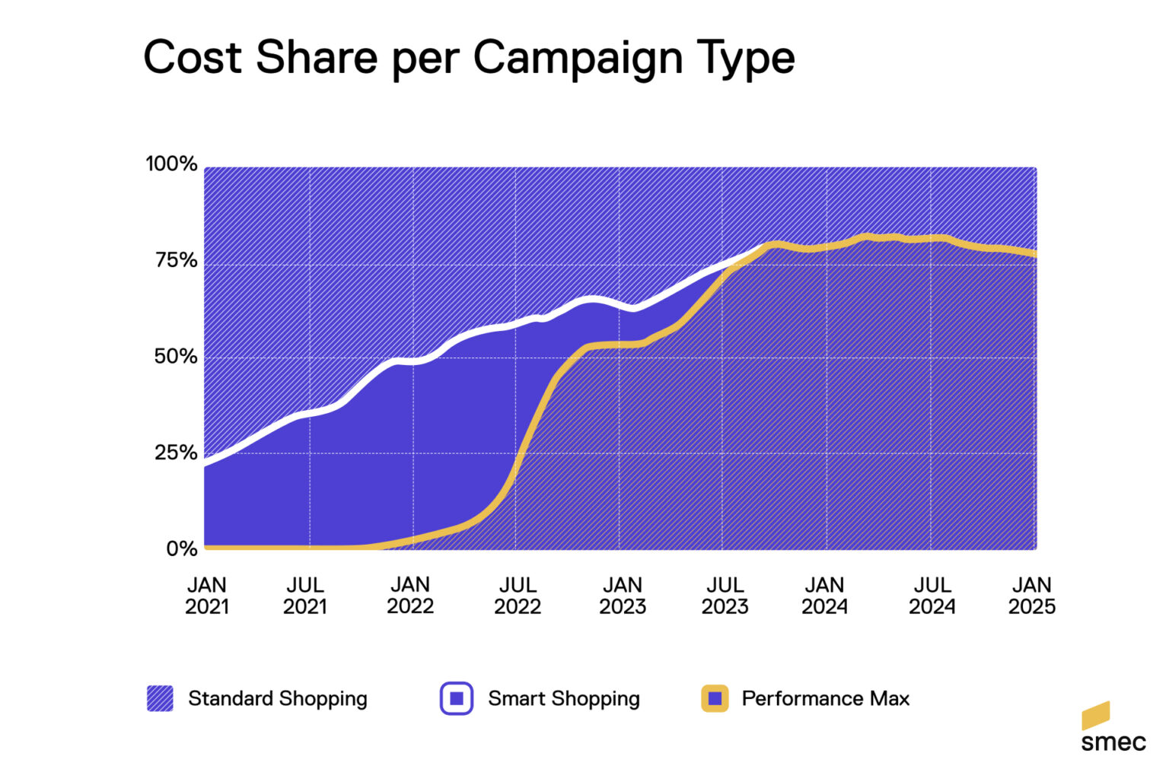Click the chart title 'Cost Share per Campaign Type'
coord(469,58)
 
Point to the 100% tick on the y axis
coord(171,164)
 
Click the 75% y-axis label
coord(176,260)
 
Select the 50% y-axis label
coord(175,356)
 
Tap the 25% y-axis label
coord(176,453)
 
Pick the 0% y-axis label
coord(181,548)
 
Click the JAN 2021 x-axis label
coord(206,596)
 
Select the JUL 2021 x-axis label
coord(305,596)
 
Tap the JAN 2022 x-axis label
coord(410,596)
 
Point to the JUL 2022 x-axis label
coord(518,596)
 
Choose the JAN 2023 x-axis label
coord(623,596)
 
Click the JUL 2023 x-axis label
coord(725,596)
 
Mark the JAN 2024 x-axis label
coord(824,596)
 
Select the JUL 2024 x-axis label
coord(932,596)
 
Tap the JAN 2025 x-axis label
coord(1032,596)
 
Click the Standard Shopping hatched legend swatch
coord(160,698)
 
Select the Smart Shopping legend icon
coord(457,698)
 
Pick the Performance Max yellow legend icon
coord(715,698)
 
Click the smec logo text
coord(1113,742)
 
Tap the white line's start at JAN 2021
coord(206,462)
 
